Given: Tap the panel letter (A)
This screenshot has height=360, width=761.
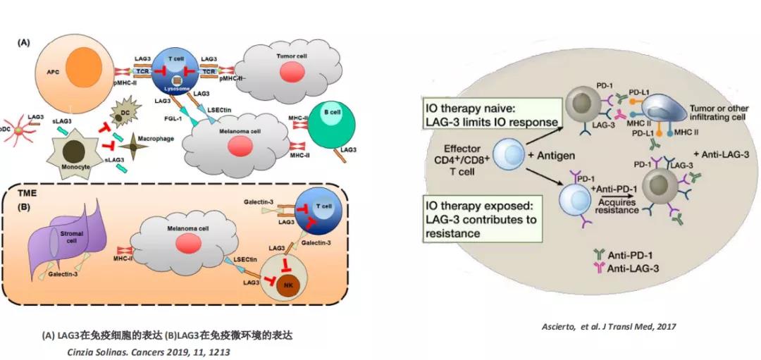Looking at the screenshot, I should [x=23, y=42].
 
